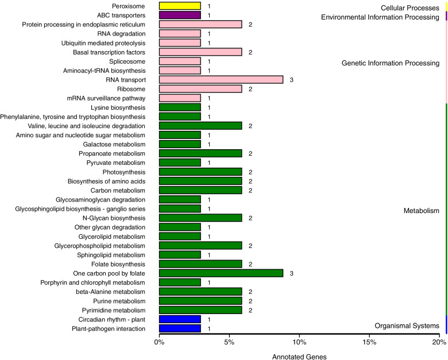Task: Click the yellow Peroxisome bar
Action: tap(180, 6)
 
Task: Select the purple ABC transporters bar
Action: tap(180, 16)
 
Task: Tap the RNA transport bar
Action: tap(221, 80)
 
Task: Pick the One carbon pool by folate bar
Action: tap(221, 273)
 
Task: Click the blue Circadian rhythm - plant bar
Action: tap(180, 319)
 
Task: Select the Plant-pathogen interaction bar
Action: tap(180, 328)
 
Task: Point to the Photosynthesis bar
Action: tap(200, 172)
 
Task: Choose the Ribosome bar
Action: tap(200, 89)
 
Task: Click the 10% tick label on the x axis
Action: tap(299, 343)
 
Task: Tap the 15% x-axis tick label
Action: tap(369, 343)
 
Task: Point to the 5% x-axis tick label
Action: tap(229, 343)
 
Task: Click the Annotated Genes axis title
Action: tap(299, 357)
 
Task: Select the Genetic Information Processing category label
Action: tap(390, 63)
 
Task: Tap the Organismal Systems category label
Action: tap(407, 326)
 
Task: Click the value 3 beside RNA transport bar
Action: tap(292, 80)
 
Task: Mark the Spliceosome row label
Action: tap(127, 61)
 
